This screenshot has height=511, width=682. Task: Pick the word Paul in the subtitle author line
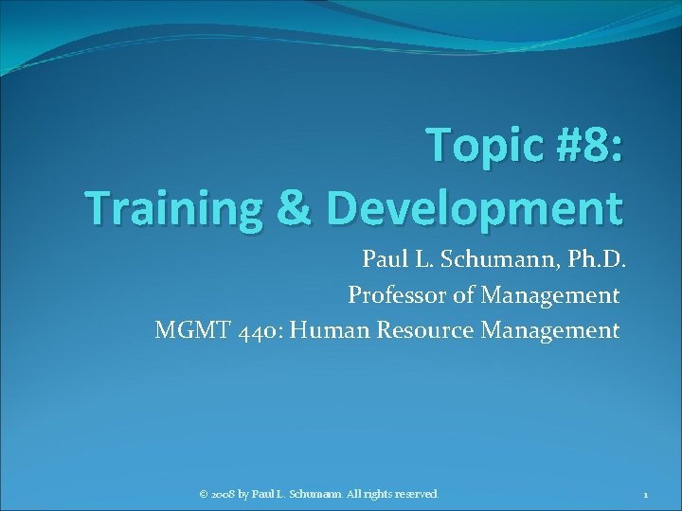click(382, 259)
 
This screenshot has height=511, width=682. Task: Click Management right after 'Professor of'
click(549, 295)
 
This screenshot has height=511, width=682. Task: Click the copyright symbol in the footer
click(203, 494)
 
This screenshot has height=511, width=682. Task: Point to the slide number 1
click(644, 494)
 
